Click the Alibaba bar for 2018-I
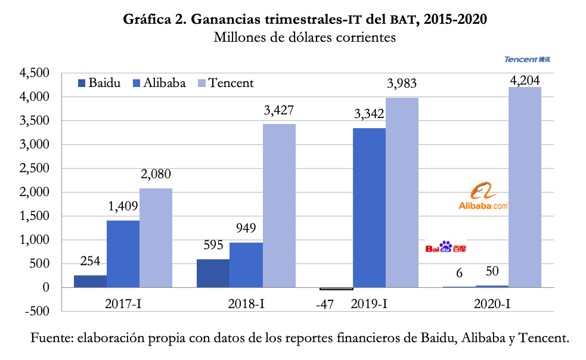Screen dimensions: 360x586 click(246, 265)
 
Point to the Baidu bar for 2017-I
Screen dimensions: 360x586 click(90, 281)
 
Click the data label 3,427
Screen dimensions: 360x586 click(278, 110)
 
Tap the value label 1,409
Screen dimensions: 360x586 click(123, 207)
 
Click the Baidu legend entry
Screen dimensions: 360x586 click(100, 83)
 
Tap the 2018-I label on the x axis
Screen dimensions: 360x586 click(246, 304)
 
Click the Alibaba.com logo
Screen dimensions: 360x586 click(483, 198)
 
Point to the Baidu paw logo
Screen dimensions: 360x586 click(446, 247)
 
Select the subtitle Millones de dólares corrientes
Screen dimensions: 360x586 click(305, 38)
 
